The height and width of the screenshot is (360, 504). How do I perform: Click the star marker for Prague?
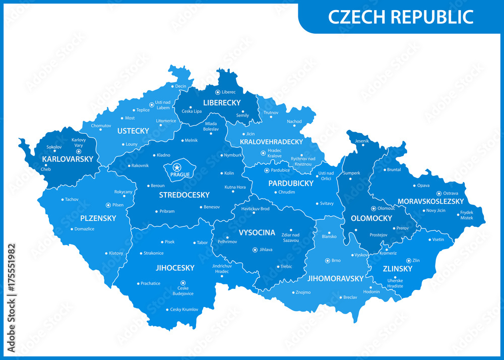click(x=176, y=167)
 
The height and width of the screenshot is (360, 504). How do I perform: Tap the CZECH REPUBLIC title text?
click(x=401, y=17)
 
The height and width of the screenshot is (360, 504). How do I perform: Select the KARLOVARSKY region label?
click(x=68, y=159)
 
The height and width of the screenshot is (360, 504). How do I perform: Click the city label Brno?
click(x=336, y=261)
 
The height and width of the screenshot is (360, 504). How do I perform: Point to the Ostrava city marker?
click(x=439, y=193)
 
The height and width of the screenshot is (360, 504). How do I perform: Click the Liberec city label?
click(x=229, y=92)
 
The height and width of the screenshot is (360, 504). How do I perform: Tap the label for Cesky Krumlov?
click(x=184, y=310)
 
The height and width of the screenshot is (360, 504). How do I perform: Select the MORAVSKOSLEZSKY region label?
click(x=430, y=201)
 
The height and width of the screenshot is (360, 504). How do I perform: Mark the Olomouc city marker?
click(x=373, y=208)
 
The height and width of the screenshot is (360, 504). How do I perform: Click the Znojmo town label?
click(x=303, y=292)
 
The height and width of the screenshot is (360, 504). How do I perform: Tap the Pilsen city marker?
click(x=108, y=205)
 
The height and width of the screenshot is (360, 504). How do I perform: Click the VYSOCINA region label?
click(x=257, y=232)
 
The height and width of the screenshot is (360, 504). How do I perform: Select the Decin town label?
click(x=180, y=86)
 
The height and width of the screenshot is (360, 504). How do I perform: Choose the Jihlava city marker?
click(x=255, y=249)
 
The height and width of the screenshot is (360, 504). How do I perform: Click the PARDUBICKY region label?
click(x=291, y=183)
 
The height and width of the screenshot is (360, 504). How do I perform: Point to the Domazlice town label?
click(x=84, y=229)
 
